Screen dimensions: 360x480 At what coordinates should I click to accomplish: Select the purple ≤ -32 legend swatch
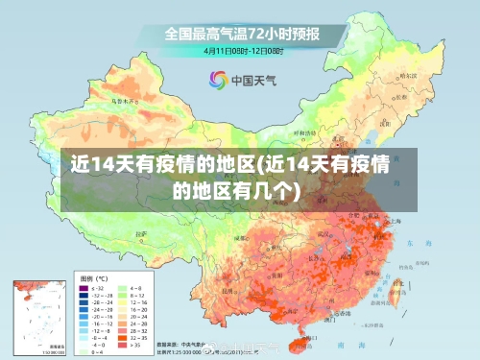(82, 288)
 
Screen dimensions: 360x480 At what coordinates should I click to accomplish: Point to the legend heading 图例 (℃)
(94, 278)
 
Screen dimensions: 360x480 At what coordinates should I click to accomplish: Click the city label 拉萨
(144, 234)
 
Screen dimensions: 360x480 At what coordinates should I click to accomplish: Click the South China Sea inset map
(38, 316)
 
